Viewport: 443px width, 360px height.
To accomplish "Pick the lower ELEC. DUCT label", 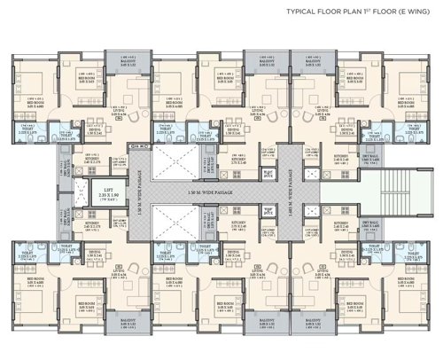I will coord(266,209).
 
